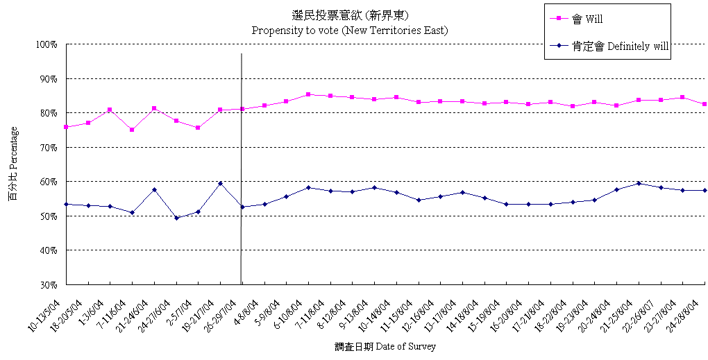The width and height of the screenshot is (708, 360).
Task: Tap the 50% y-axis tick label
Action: point(48,216)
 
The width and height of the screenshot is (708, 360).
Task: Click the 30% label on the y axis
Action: point(48,284)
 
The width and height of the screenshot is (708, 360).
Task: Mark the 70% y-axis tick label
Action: point(48,148)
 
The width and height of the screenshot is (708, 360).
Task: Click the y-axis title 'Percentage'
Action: point(14,164)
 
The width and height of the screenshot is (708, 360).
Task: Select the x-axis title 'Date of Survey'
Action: point(385,346)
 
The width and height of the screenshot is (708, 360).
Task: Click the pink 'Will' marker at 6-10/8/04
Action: point(308,94)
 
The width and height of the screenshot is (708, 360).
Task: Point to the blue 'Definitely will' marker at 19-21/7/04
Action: point(220,183)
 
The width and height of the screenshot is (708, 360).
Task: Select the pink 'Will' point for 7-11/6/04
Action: point(132,130)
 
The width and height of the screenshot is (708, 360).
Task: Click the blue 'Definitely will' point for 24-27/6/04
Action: point(176,218)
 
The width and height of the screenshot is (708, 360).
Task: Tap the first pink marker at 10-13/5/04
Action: point(66,127)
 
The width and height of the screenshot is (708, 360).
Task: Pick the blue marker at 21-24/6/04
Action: point(154,189)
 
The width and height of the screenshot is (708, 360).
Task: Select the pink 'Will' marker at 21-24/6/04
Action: point(154,108)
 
